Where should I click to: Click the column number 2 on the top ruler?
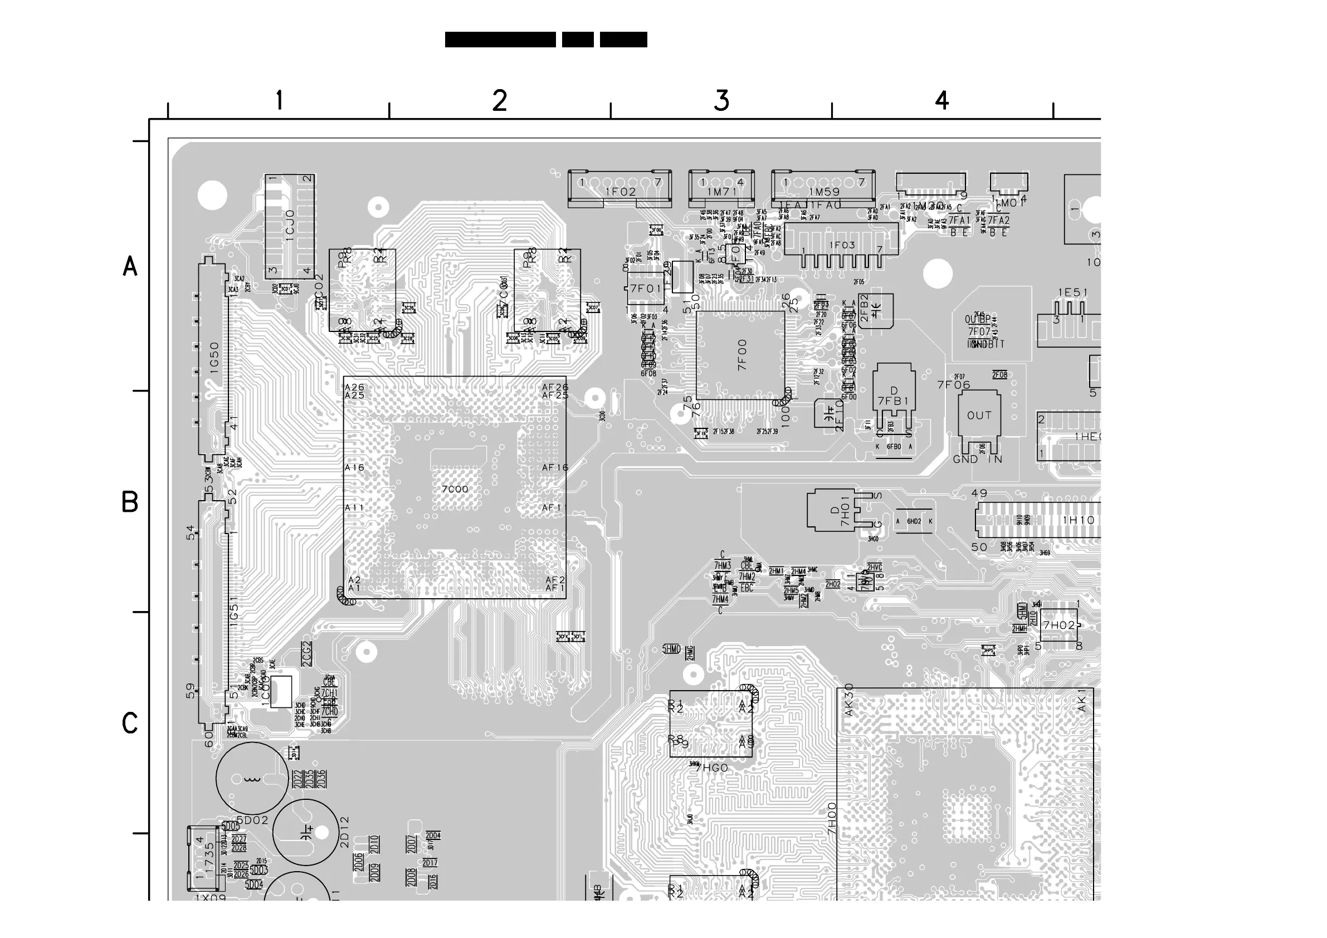(500, 101)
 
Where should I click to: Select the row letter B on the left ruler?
(129, 502)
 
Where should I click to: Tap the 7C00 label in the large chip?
(455, 490)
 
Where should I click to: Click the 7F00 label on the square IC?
(742, 354)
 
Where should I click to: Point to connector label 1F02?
(620, 192)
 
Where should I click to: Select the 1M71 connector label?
(722, 192)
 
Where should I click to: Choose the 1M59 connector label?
(824, 192)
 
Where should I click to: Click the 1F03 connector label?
(842, 245)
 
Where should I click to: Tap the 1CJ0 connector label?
(290, 229)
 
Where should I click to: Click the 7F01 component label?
(646, 289)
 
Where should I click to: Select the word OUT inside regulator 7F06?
(979, 416)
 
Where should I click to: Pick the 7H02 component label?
(1058, 626)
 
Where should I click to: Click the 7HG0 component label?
(711, 768)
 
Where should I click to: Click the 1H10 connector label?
(1079, 520)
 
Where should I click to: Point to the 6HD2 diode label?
(914, 521)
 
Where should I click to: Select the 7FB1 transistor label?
(894, 401)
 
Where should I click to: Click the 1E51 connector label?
(1073, 293)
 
